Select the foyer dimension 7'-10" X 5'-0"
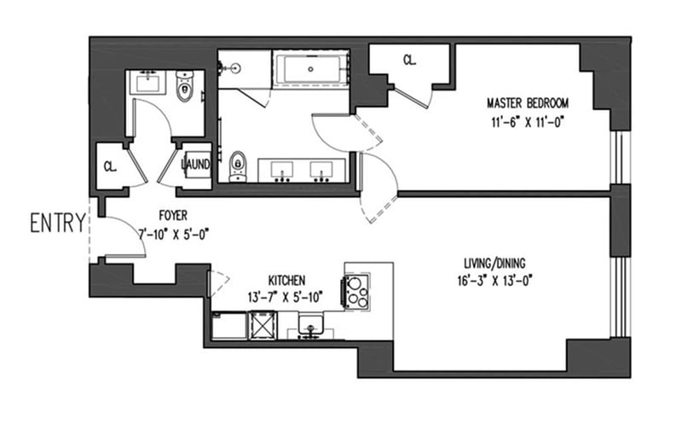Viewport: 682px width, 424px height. (x=173, y=231)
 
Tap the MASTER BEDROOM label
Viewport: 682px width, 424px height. (x=526, y=102)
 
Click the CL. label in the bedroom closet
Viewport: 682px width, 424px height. (x=409, y=61)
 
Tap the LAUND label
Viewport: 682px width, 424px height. (x=195, y=164)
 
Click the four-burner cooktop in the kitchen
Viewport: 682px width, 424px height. (x=355, y=291)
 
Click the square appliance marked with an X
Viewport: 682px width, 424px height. (x=263, y=326)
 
